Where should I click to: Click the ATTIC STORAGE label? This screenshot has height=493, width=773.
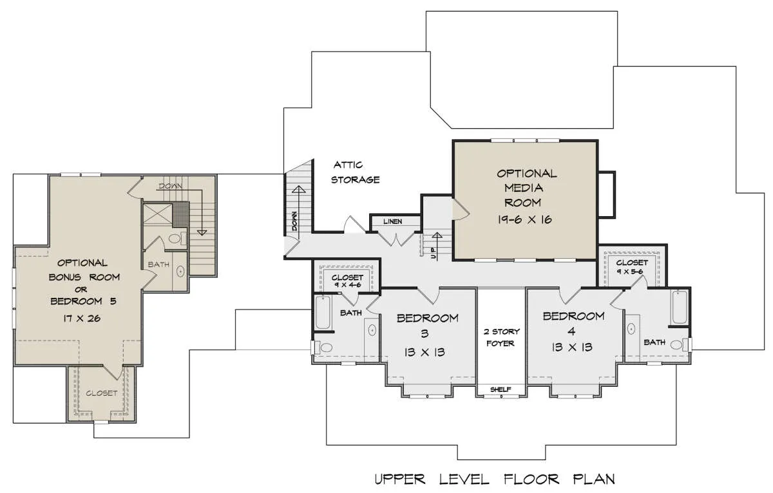point(355,172)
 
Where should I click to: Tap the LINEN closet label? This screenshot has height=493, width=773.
point(393,221)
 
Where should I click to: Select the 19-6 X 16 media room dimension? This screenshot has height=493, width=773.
point(524,219)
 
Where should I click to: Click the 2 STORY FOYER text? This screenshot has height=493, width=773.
point(501,337)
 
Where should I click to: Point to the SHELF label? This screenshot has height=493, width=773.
point(501,389)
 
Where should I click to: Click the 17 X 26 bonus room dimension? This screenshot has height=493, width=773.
point(82,318)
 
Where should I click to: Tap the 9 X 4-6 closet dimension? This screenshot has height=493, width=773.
point(347,284)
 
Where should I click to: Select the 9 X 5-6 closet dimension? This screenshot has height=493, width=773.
point(630,272)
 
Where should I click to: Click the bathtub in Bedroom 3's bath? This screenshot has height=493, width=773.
point(323,312)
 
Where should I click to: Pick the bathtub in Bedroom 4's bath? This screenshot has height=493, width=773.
point(679,307)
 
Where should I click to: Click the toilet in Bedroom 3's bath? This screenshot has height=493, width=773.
point(324,347)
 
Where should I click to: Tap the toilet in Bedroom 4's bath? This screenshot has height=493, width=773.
point(680,344)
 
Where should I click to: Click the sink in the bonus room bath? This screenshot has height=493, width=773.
point(180,271)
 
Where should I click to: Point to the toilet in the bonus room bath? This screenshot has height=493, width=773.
point(177,238)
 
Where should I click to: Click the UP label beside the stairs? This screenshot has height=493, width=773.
point(434,254)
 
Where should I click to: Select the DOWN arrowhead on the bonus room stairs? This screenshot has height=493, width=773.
point(202,232)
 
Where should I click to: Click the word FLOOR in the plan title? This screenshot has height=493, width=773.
point(531,479)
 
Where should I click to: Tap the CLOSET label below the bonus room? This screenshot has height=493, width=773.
point(102,393)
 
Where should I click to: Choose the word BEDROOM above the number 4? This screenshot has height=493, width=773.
point(573,316)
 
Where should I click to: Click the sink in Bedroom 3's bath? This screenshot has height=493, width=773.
point(372,330)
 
